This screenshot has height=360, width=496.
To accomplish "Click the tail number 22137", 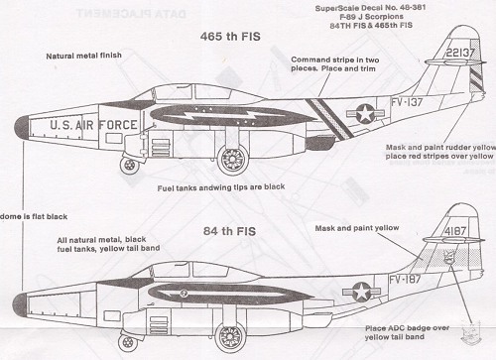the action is click(460, 53).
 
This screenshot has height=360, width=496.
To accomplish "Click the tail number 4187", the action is click(455, 231).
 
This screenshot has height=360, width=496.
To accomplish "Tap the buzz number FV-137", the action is click(407, 102).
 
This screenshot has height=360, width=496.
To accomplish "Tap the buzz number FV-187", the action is click(405, 280).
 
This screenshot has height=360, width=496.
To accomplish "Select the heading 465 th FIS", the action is click(230, 37).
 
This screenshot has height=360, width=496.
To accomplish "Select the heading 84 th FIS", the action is click(229, 231).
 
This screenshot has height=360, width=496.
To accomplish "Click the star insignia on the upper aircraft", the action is click(365, 113).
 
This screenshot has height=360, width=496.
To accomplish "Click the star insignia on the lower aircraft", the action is click(361, 292).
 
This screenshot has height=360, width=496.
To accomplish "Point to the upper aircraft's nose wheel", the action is click(129, 166).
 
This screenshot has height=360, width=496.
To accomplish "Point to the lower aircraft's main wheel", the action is click(230, 337).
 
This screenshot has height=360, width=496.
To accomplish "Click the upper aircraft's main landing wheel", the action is click(233, 160).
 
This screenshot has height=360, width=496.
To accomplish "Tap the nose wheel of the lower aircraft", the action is click(128, 343).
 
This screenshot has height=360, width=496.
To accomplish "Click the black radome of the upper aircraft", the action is click(22, 128).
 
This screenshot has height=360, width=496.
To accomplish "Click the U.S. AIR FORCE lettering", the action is click(93, 125).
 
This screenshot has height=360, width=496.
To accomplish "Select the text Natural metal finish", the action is click(83, 56).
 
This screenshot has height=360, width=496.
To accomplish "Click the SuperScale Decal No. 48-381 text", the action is click(370, 8).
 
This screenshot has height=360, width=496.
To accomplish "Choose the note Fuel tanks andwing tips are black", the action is click(221, 187).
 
